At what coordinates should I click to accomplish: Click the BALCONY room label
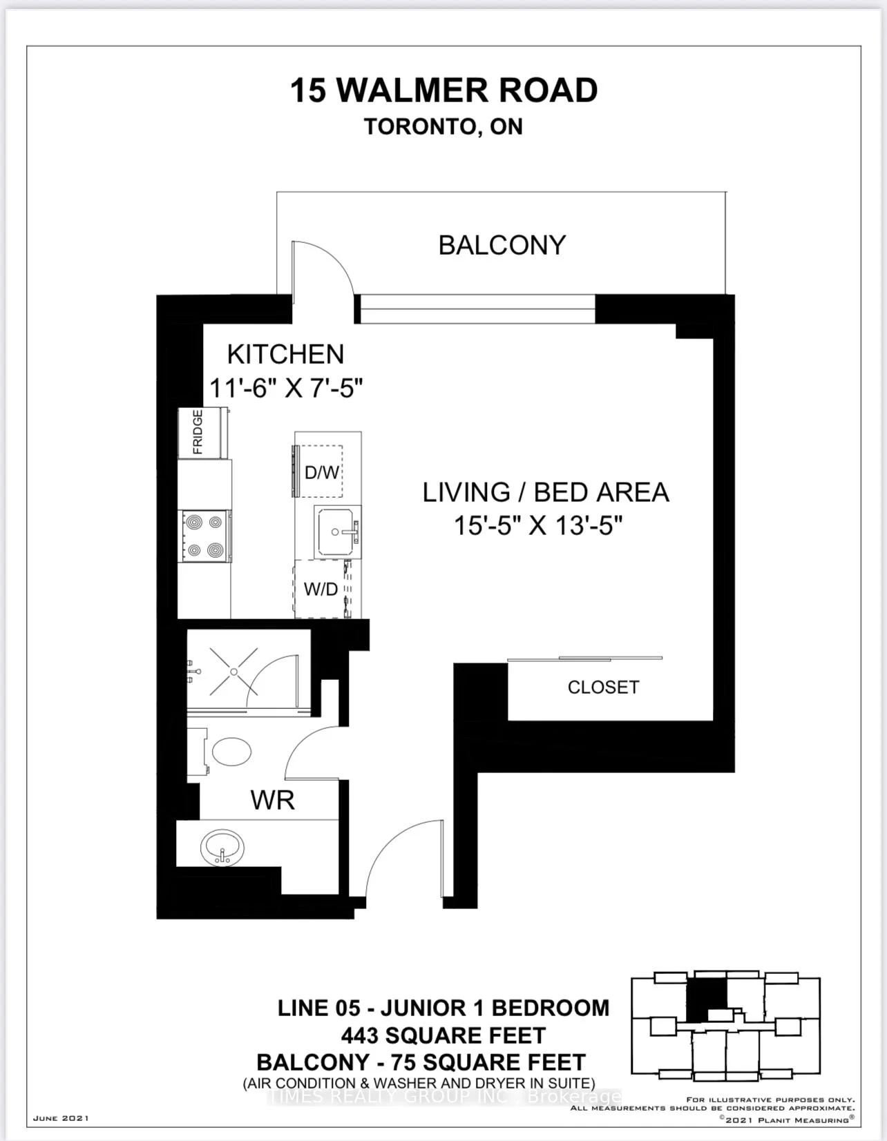pyautogui.click(x=502, y=245)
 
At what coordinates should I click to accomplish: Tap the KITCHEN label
pyautogui.click(x=285, y=354)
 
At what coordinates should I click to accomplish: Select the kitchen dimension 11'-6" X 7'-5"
pyautogui.click(x=286, y=389)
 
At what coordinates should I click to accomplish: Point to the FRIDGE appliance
pyautogui.click(x=203, y=432)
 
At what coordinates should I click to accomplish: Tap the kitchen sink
pyautogui.click(x=337, y=532)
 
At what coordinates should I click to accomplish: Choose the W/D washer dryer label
pyautogui.click(x=321, y=589)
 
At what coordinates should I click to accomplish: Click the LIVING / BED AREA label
pyautogui.click(x=546, y=493)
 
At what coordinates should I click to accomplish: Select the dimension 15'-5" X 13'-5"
pyautogui.click(x=538, y=525)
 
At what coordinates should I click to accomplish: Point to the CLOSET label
pyautogui.click(x=603, y=687)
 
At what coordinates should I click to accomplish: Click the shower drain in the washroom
pyautogui.click(x=233, y=672)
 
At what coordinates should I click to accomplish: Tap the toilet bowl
pyautogui.click(x=231, y=752)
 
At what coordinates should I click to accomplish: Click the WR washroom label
pyautogui.click(x=273, y=800)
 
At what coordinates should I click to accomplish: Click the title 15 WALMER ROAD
pyautogui.click(x=444, y=90)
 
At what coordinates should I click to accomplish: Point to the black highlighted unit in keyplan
pyautogui.click(x=707, y=1004)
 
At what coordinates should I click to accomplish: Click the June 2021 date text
pyautogui.click(x=61, y=1118)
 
